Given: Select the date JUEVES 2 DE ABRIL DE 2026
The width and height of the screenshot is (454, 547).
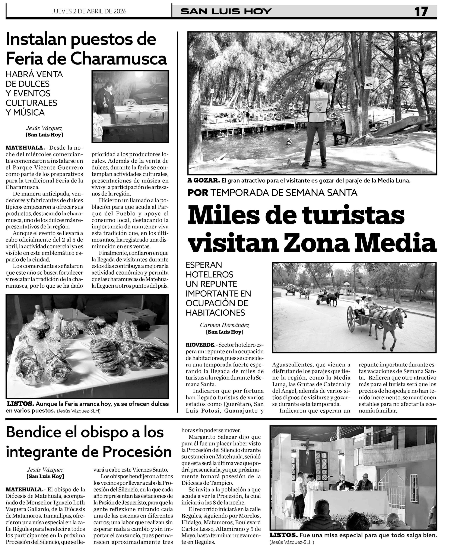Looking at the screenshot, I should pyautogui.click(x=89, y=11).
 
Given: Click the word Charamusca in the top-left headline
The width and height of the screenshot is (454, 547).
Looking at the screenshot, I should pyautogui.click(x=118, y=59).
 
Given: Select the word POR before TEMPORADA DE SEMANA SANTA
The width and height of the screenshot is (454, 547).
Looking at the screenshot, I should pyautogui.click(x=198, y=193).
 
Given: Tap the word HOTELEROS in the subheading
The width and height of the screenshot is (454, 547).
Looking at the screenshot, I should pyautogui.click(x=209, y=274).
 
